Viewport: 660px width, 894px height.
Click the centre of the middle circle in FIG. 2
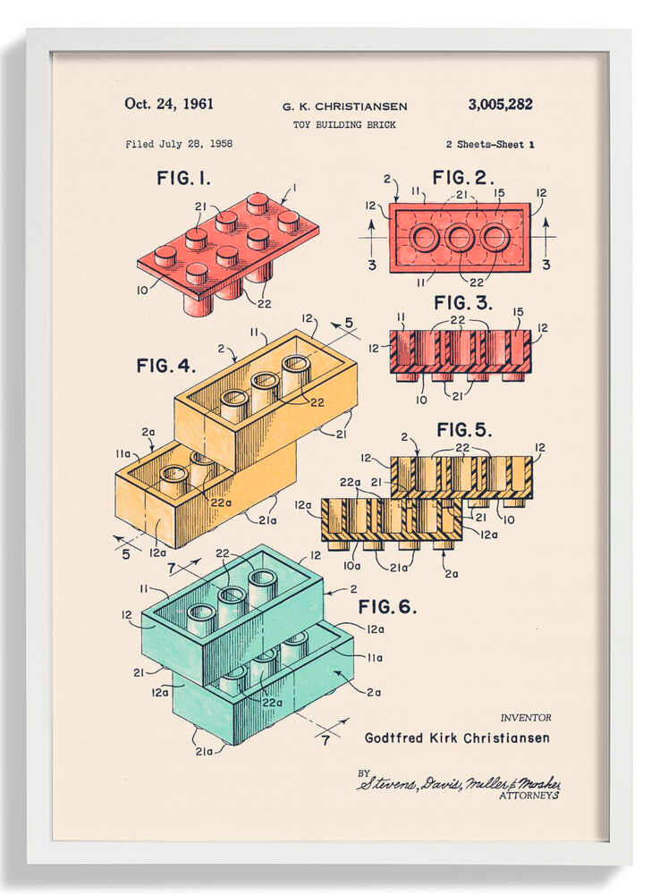click(x=460, y=238)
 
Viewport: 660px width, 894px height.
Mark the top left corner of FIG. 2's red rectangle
click(x=390, y=204)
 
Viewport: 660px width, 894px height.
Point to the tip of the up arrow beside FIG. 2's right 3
click(x=546, y=218)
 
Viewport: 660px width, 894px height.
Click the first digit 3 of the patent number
click(x=472, y=105)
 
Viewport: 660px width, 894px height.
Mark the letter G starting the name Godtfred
click(x=369, y=738)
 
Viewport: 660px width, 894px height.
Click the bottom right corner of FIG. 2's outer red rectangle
click(x=530, y=273)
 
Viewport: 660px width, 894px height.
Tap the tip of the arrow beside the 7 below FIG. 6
click(x=347, y=720)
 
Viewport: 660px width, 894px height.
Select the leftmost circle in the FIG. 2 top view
click(x=425, y=238)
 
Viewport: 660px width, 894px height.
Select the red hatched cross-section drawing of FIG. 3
click(x=461, y=356)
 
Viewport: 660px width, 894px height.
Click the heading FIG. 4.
click(x=166, y=366)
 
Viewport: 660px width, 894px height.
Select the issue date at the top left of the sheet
click(x=169, y=104)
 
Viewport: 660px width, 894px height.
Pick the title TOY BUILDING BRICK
click(x=344, y=124)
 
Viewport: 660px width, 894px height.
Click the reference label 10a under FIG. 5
click(x=352, y=566)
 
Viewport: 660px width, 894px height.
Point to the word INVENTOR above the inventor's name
click(x=526, y=718)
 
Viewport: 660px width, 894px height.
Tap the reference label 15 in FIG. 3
click(x=518, y=312)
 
